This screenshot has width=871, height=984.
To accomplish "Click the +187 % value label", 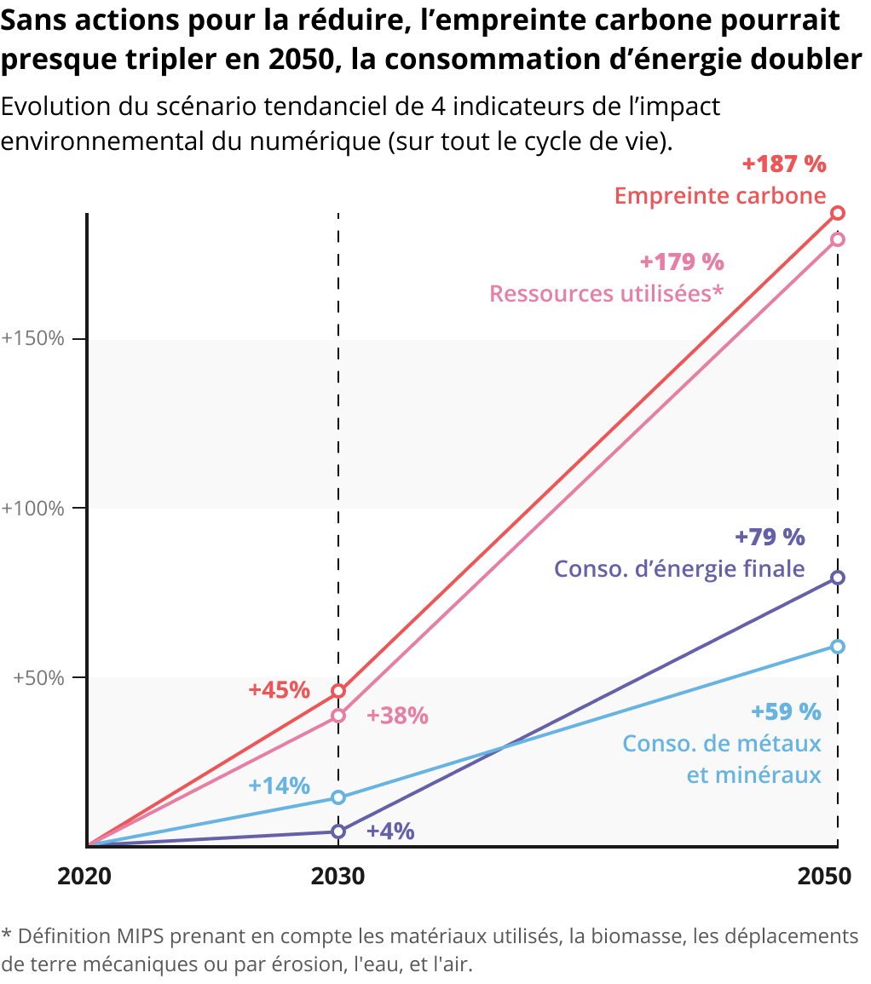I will (784, 164).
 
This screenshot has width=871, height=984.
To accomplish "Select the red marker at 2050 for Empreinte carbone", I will (838, 213).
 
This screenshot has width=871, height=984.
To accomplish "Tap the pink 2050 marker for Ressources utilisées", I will (838, 239).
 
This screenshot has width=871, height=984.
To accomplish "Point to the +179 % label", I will (682, 262).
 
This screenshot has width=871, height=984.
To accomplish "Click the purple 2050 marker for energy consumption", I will (838, 578).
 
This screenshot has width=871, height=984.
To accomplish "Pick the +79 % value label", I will (770, 537).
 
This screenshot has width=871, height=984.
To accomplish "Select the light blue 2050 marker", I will (838, 647).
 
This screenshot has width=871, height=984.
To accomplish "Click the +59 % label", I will (786, 711).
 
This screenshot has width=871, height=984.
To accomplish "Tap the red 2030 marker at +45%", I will (338, 691).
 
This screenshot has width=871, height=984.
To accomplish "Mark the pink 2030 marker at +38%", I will (338, 716).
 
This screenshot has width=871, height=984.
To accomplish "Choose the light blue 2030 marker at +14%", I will (338, 797).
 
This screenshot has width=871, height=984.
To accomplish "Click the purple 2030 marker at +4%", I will (338, 832).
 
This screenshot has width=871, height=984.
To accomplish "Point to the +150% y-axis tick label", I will (33, 338).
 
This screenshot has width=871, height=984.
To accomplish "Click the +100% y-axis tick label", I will (33, 509).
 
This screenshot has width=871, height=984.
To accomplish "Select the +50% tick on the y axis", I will (38, 678).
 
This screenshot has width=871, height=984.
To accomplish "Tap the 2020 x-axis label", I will (84, 877).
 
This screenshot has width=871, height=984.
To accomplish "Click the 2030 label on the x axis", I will (338, 877).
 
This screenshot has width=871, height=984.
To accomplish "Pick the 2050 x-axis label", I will (824, 877).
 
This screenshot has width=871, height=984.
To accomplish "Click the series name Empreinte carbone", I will (720, 196).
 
